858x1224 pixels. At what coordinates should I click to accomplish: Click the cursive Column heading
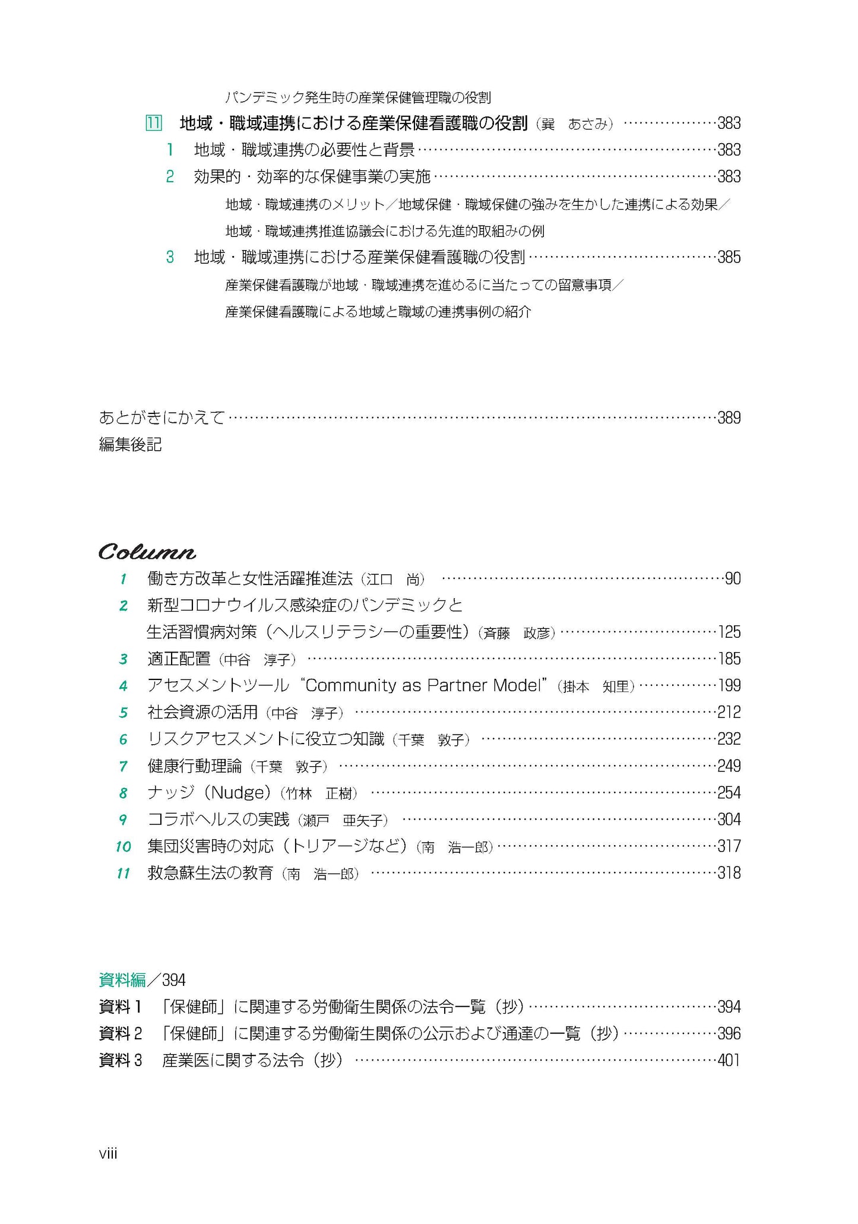tap(147, 552)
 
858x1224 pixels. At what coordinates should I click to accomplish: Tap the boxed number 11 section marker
tap(153, 124)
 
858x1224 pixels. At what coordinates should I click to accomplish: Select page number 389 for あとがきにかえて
tap(729, 418)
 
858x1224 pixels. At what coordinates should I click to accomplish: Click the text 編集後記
tap(130, 445)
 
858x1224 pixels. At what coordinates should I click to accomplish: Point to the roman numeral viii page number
tap(108, 1154)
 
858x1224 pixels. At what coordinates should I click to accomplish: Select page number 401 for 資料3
tap(729, 1060)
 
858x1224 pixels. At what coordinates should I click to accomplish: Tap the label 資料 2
tap(121, 1033)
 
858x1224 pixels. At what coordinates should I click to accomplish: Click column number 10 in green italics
tap(123, 846)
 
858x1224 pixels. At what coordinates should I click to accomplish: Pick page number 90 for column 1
tap(733, 578)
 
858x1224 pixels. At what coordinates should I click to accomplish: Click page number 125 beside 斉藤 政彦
tap(729, 632)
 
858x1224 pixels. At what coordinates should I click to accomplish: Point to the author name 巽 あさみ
tap(575, 124)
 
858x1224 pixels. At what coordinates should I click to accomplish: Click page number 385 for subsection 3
tap(729, 257)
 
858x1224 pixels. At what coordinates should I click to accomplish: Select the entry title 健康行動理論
tap(195, 766)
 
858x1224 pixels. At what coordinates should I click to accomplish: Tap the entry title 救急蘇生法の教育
tap(210, 873)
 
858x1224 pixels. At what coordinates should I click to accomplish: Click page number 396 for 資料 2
tap(729, 1033)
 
